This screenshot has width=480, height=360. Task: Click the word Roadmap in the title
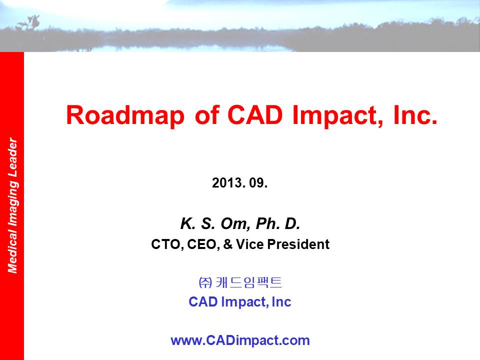[125, 115]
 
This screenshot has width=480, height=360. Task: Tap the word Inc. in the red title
[415, 115]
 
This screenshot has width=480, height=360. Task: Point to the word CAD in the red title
[254, 115]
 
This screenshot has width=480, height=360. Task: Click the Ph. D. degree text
[277, 223]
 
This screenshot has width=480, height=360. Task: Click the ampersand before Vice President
[228, 244]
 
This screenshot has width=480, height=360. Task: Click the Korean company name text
[240, 282]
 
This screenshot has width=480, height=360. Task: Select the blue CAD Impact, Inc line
[239, 302]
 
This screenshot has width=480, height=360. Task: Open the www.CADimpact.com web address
[240, 340]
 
